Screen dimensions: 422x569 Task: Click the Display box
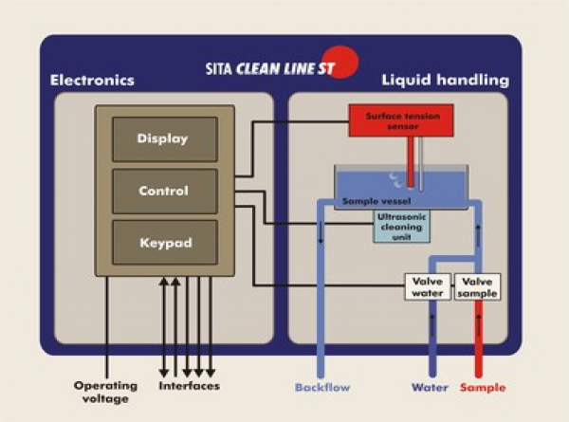(162, 138)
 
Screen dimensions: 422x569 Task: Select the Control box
(162, 191)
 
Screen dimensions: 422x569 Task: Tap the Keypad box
(162, 243)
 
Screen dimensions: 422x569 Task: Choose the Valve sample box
(476, 286)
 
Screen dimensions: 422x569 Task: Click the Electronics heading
(92, 81)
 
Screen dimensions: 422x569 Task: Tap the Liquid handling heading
(445, 81)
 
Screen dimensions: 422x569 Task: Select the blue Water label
(430, 387)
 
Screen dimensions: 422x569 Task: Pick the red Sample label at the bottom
(483, 387)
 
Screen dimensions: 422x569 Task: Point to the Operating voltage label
(106, 392)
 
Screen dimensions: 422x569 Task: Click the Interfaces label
(190, 386)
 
